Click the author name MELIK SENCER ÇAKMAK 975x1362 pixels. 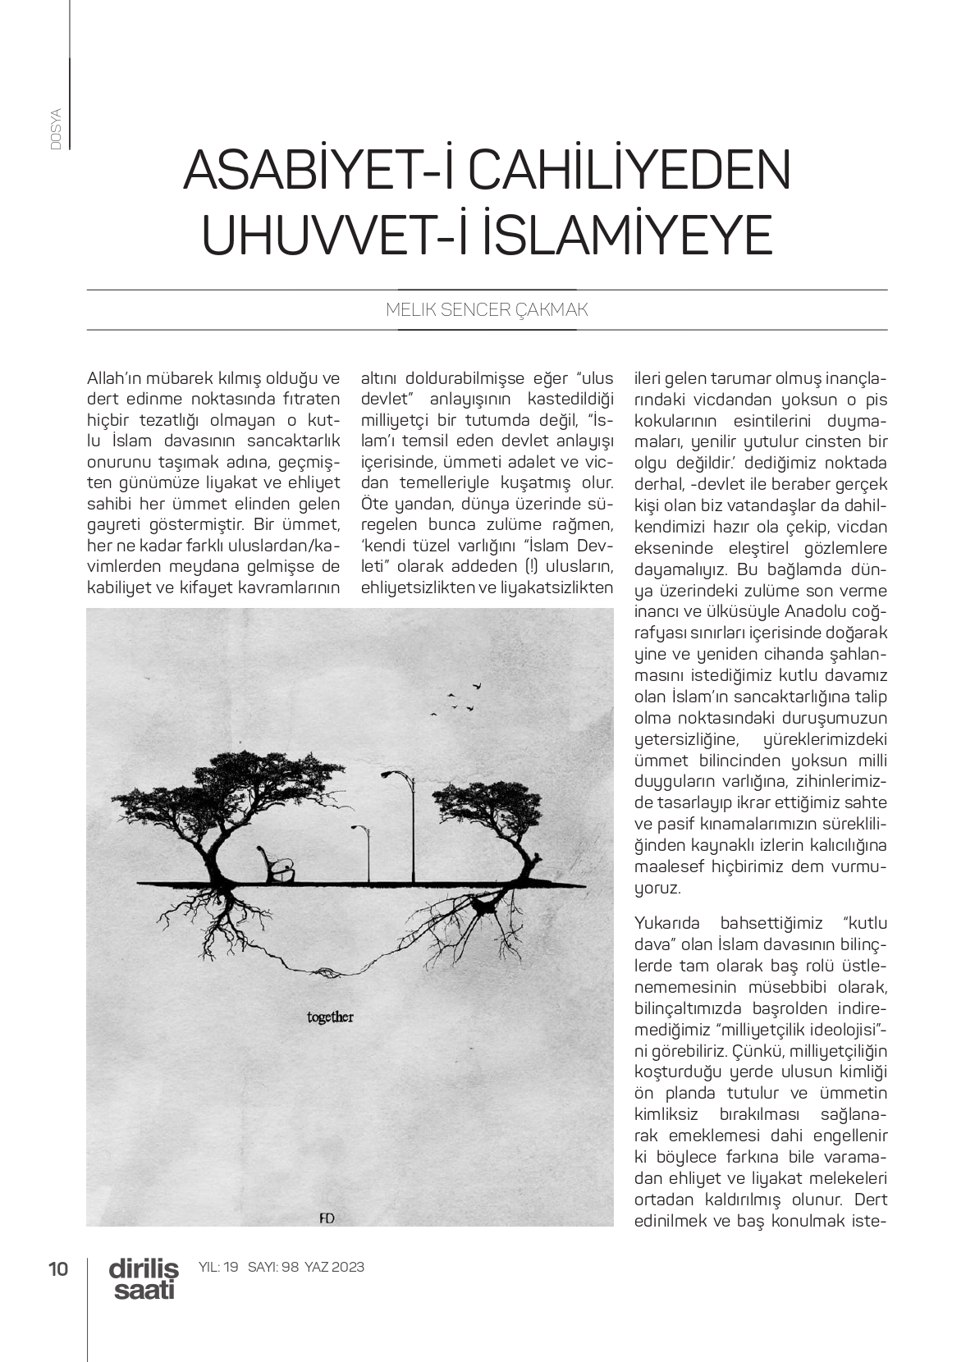(487, 310)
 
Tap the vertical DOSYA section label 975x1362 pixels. (56, 128)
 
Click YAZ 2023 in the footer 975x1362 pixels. (334, 1267)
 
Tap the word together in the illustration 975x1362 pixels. (329, 1017)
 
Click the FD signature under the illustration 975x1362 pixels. (326, 1218)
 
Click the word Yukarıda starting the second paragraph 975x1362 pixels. (670, 921)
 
